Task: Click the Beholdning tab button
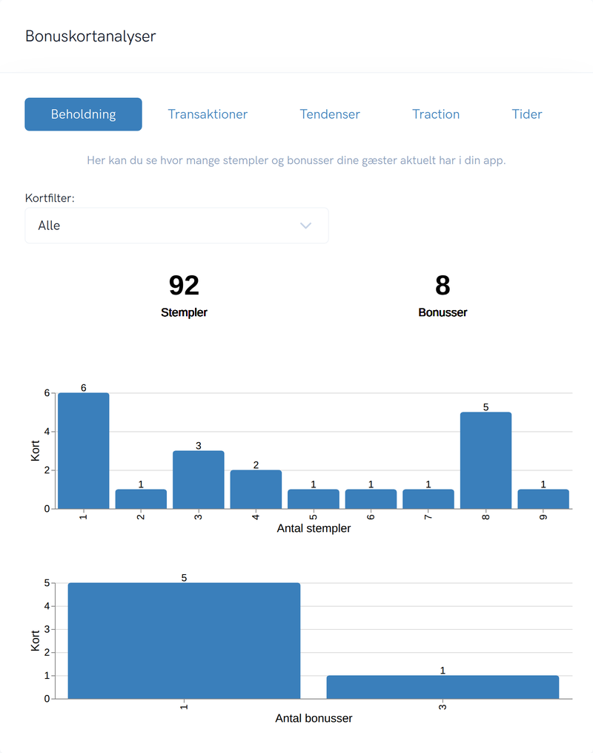point(84,114)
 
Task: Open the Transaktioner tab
point(208,114)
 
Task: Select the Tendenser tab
point(330,114)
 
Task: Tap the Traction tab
point(436,114)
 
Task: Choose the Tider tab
point(527,114)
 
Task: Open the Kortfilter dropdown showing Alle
point(176,226)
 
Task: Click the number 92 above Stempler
point(184,286)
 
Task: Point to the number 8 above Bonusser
point(443,286)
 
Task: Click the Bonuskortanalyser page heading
point(90,36)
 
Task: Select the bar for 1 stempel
point(84,451)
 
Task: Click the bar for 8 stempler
point(486,461)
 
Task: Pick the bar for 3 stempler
point(198,480)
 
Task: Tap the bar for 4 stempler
point(256,490)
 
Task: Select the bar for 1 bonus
point(185,641)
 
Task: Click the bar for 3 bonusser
point(443,687)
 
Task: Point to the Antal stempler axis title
point(314,528)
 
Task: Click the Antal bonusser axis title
point(314,718)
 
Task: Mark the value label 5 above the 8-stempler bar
point(486,407)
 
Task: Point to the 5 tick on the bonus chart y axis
point(47,583)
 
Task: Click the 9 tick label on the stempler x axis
point(543,517)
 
